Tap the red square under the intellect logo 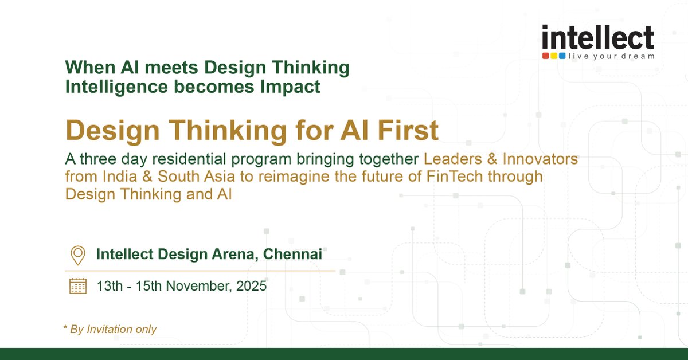546,56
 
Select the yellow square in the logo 554,56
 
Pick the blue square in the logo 562,56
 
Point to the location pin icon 77,255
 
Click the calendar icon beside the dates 77,285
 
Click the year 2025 253,285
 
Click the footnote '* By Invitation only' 110,329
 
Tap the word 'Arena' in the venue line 232,254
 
